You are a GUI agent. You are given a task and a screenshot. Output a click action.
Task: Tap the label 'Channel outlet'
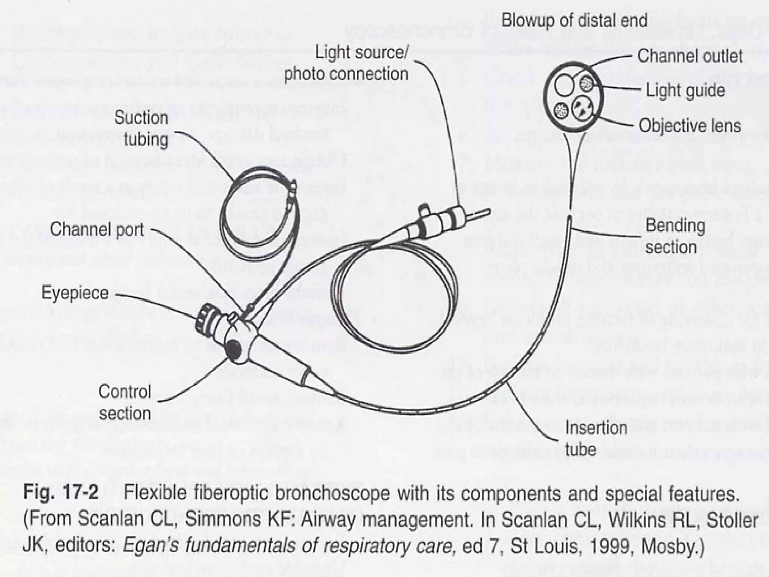(690, 56)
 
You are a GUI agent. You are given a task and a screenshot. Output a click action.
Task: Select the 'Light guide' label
(685, 91)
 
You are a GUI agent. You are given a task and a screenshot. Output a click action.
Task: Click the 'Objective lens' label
(690, 126)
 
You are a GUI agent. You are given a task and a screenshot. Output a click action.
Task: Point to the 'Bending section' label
(675, 236)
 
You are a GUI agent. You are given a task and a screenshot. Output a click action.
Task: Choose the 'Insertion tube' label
(596, 438)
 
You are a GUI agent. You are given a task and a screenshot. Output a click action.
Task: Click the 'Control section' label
(125, 402)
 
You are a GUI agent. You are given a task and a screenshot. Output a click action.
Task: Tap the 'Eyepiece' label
(75, 293)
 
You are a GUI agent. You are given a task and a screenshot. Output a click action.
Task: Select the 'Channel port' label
(97, 230)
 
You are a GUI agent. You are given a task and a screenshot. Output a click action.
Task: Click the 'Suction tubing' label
(141, 128)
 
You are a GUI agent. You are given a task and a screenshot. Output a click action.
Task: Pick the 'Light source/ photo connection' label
(346, 63)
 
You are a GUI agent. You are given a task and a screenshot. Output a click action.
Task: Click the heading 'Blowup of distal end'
(574, 20)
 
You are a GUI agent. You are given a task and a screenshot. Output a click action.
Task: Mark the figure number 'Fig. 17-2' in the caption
(61, 492)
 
